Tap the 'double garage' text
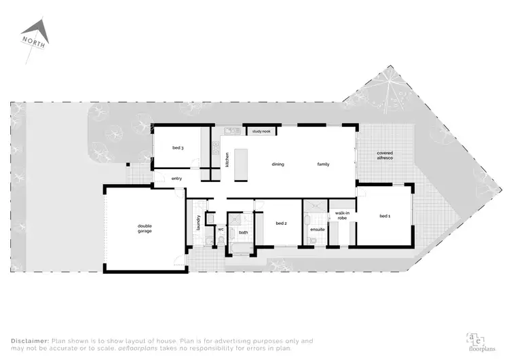click(x=145, y=229)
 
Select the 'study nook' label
click(x=261, y=130)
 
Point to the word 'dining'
click(x=278, y=164)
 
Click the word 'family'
click(x=323, y=164)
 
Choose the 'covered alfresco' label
click(x=385, y=156)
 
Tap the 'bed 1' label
click(x=385, y=216)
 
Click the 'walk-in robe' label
click(x=342, y=216)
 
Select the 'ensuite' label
click(x=318, y=230)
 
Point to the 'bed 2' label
click(x=282, y=223)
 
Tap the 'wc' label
click(x=221, y=230)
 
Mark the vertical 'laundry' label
click(x=197, y=221)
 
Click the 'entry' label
click(x=176, y=179)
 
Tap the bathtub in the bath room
click(x=242, y=247)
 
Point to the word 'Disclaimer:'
click(x=29, y=340)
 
